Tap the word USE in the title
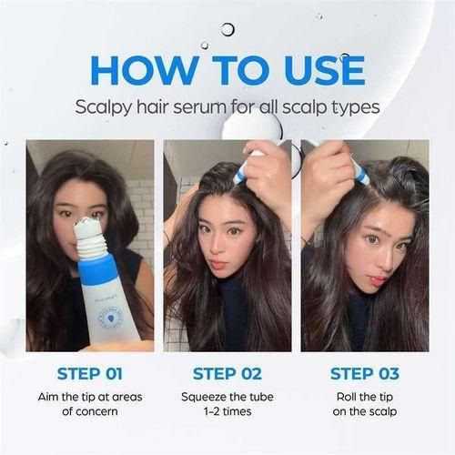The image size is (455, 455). [x=319, y=71]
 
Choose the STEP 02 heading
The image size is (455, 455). [x=227, y=373]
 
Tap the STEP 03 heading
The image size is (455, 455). [x=364, y=373]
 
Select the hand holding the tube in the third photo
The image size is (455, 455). [x=328, y=173]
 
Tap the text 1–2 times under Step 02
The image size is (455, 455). [x=227, y=412]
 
